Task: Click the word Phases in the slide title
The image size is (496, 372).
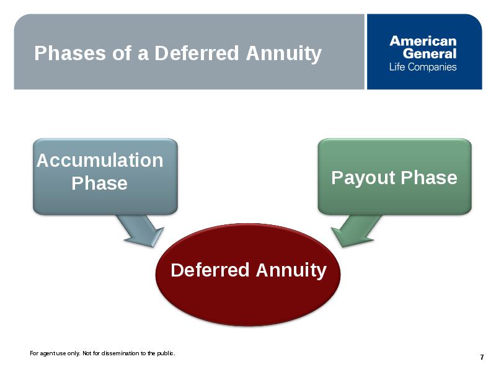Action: [70, 53]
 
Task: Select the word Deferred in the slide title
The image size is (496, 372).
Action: [197, 53]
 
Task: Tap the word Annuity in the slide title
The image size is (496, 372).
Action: [284, 54]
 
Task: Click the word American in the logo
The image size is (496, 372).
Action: [423, 41]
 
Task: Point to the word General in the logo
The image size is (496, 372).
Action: [430, 53]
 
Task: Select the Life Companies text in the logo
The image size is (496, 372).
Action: [423, 67]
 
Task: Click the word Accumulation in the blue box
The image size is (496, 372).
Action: [100, 160]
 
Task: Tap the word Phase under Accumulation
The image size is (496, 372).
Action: [99, 183]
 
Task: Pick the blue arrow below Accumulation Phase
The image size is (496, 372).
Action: [141, 231]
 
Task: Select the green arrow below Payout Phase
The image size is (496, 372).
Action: [356, 231]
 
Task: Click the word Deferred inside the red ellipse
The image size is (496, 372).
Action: [210, 270]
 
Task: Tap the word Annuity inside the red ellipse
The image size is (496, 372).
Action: [291, 271]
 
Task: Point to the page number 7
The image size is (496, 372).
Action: [482, 357]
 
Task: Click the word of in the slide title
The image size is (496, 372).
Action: [122, 53]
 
